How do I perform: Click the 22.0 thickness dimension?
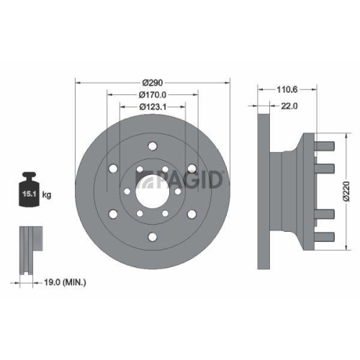coord(289,106)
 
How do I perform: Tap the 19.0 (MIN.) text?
coord(63,284)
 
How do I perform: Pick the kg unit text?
coord(47,194)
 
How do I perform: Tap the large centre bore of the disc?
coord(151,191)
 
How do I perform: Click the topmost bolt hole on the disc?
coord(151,146)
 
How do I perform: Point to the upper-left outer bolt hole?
coord(112,168)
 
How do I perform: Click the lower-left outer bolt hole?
coord(112,214)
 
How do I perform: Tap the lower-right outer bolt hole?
coord(190,214)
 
